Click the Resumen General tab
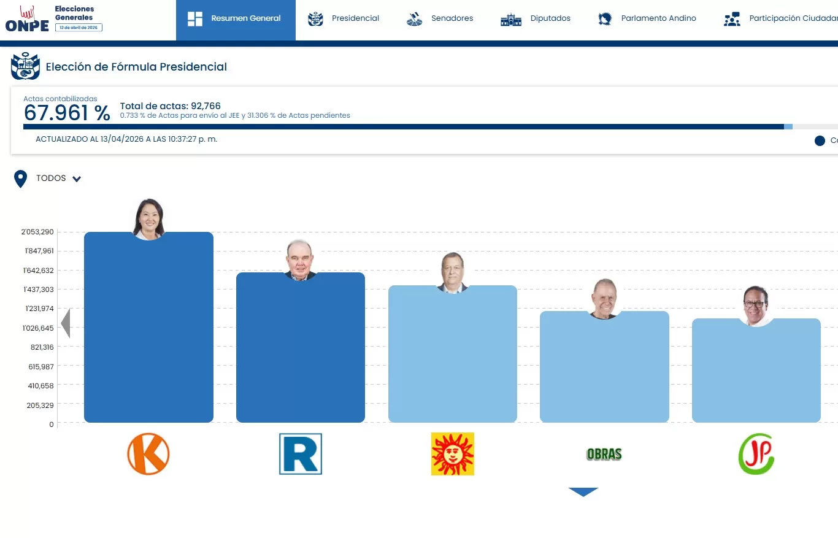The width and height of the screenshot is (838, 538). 236,18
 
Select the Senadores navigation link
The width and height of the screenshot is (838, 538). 440,18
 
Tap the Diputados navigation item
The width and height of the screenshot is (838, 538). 536,18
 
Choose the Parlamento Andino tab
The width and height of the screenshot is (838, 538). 647,18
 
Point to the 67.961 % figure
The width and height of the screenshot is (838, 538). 67,113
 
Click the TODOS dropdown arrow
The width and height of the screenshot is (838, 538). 77,179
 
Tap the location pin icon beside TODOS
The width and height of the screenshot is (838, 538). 21,179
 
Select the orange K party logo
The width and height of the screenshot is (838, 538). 148,454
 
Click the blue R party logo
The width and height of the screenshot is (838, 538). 301,454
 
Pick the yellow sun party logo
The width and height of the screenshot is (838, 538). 453,454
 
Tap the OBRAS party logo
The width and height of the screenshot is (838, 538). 604,455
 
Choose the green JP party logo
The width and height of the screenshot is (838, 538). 756,454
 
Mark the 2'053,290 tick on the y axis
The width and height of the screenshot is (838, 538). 38,232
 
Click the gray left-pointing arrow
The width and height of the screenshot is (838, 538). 66,323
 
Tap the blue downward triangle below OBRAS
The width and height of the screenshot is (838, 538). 583,491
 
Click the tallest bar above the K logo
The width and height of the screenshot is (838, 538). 148,331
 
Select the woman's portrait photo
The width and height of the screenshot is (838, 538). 148,218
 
